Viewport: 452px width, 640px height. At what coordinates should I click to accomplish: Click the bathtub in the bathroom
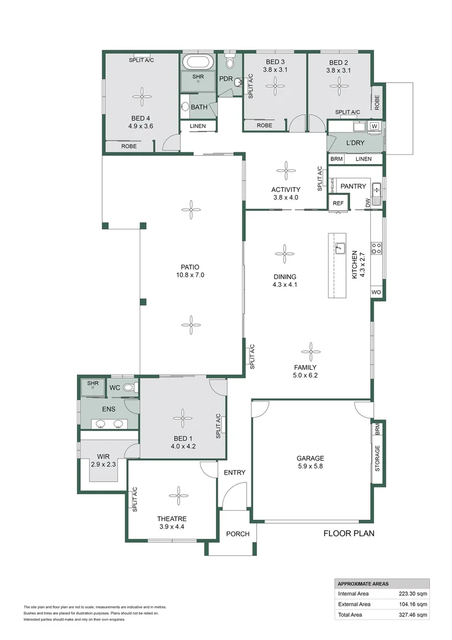[198, 62]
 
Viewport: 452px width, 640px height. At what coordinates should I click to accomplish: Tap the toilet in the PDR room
[230, 60]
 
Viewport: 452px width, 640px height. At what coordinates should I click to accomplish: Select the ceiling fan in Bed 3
[276, 86]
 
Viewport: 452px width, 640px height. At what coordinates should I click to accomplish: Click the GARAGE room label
[310, 458]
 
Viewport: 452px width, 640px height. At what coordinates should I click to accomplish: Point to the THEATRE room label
[172, 519]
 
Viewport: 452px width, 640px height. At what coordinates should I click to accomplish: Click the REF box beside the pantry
[338, 203]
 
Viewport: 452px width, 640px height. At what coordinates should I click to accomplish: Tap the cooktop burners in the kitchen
[376, 248]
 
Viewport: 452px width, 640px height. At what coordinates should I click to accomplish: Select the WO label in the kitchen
[376, 292]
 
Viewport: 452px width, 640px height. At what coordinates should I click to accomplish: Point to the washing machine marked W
[374, 126]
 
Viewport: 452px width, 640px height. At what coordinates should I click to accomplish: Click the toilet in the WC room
[130, 387]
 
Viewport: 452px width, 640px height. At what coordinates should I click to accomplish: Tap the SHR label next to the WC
[93, 383]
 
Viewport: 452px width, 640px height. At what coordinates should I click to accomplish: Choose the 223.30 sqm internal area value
[413, 593]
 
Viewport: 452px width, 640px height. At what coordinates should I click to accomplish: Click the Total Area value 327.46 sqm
[413, 615]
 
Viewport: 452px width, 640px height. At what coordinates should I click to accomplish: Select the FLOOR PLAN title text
[349, 533]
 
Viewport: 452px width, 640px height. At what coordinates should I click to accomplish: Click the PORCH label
[238, 534]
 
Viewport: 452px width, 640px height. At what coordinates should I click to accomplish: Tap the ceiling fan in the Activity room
[286, 171]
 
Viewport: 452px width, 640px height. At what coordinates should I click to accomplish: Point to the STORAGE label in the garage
[377, 458]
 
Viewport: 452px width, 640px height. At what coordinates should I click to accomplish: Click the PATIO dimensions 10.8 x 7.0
[190, 275]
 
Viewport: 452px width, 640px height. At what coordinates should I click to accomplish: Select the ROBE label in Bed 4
[129, 146]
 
